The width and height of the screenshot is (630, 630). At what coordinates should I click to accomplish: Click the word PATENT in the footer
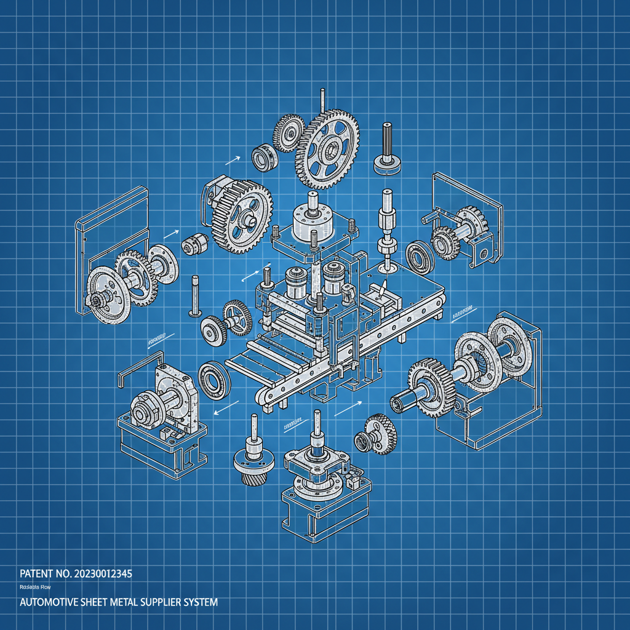(x=37, y=573)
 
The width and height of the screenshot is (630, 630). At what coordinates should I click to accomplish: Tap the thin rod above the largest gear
(x=321, y=100)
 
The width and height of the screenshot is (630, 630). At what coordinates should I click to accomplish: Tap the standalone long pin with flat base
(x=195, y=295)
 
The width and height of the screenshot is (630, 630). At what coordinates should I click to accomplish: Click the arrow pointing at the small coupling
(x=171, y=234)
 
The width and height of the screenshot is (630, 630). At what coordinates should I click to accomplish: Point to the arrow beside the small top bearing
(x=232, y=160)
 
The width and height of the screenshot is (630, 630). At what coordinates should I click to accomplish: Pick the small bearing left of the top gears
(x=265, y=156)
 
